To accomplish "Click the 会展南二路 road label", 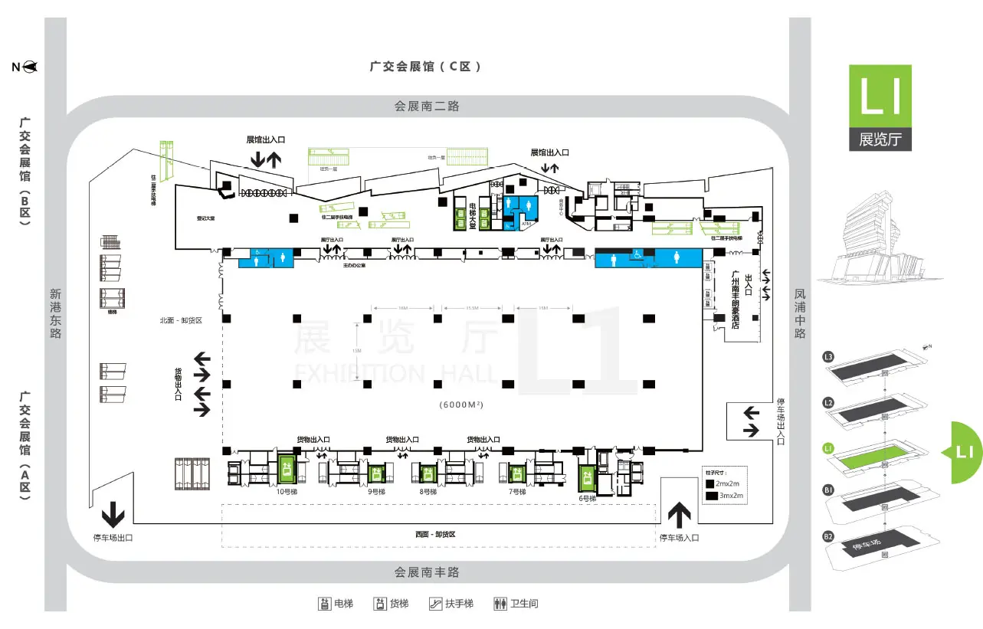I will click(x=427, y=106).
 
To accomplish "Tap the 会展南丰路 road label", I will click(x=427, y=572).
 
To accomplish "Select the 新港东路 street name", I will click(x=55, y=313).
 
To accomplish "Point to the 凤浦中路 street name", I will click(x=800, y=313).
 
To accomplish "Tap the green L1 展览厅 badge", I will click(x=880, y=107).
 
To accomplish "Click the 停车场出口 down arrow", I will click(x=113, y=513).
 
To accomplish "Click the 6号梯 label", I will click(x=587, y=498).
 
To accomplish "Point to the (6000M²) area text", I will click(x=465, y=404).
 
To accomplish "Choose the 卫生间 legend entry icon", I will click(x=501, y=604).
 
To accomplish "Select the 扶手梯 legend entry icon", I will click(x=435, y=604).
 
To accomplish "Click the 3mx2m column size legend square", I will click(x=713, y=496).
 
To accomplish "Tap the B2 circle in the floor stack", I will click(x=828, y=536).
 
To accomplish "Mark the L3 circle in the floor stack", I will click(x=828, y=356).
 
